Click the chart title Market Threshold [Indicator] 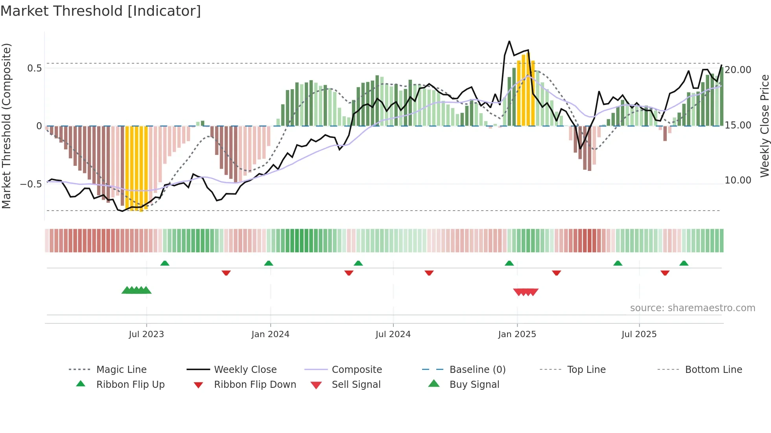(x=101, y=11)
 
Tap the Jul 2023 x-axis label (x=146, y=334)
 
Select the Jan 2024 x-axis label (x=270, y=334)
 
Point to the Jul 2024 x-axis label (x=393, y=334)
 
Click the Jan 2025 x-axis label (x=517, y=334)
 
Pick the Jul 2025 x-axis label (x=639, y=334)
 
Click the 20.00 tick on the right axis (x=738, y=70)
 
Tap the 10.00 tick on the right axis (x=738, y=180)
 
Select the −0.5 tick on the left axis (x=31, y=184)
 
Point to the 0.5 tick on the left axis (x=34, y=68)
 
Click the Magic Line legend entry (x=121, y=370)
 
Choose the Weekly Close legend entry (x=245, y=370)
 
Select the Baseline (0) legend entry (x=477, y=370)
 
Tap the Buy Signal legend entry (x=474, y=385)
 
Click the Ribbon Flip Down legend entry (x=255, y=385)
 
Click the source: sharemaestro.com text (x=692, y=308)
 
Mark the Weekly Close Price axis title (x=764, y=126)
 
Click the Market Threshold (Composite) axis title (x=6, y=126)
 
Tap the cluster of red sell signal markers (x=526, y=292)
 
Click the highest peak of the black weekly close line (x=509, y=41)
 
